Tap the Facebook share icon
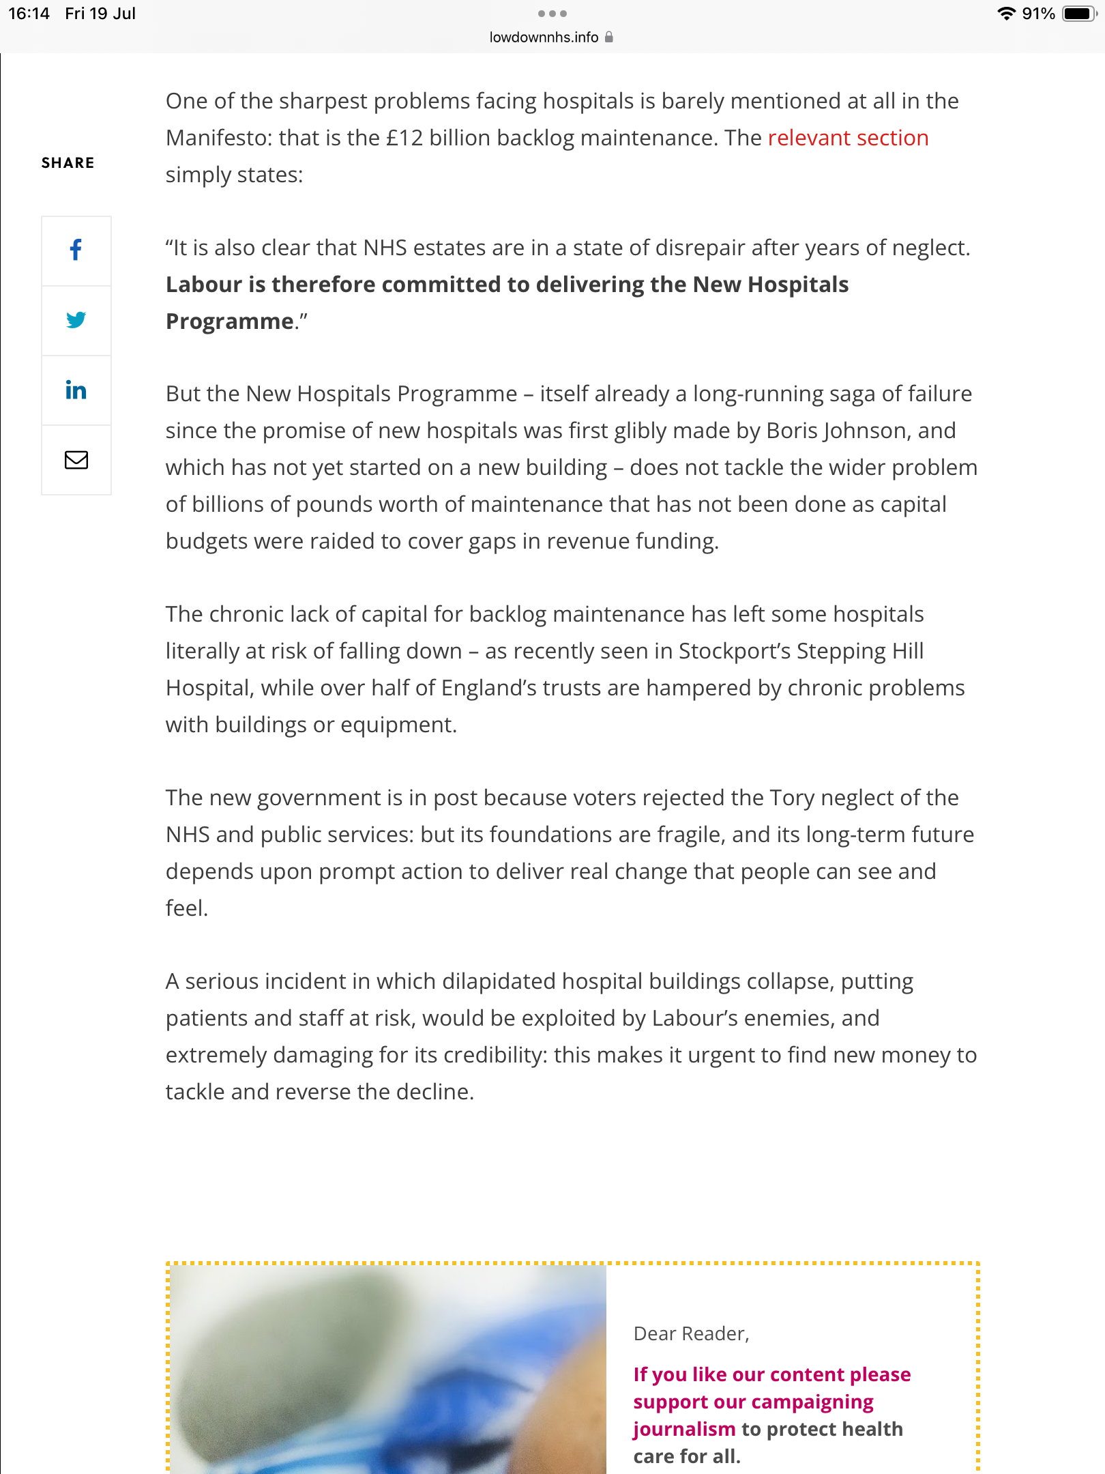coord(76,250)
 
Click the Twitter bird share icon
coord(76,320)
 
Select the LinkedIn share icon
coord(76,390)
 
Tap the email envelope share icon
coord(76,460)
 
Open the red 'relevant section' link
coord(848,138)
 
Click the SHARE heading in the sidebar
coord(68,162)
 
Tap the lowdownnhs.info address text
coord(544,38)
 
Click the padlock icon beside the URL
coord(609,37)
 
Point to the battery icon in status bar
coord(1079,14)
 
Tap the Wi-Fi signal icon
coord(1006,14)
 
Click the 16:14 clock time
coord(29,14)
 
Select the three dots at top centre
coord(552,14)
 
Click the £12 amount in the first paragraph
coord(404,138)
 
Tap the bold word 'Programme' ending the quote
coord(230,321)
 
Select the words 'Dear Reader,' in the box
coord(691,1333)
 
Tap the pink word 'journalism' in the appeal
coord(684,1429)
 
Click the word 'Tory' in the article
coord(792,798)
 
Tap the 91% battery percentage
coord(1038,14)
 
